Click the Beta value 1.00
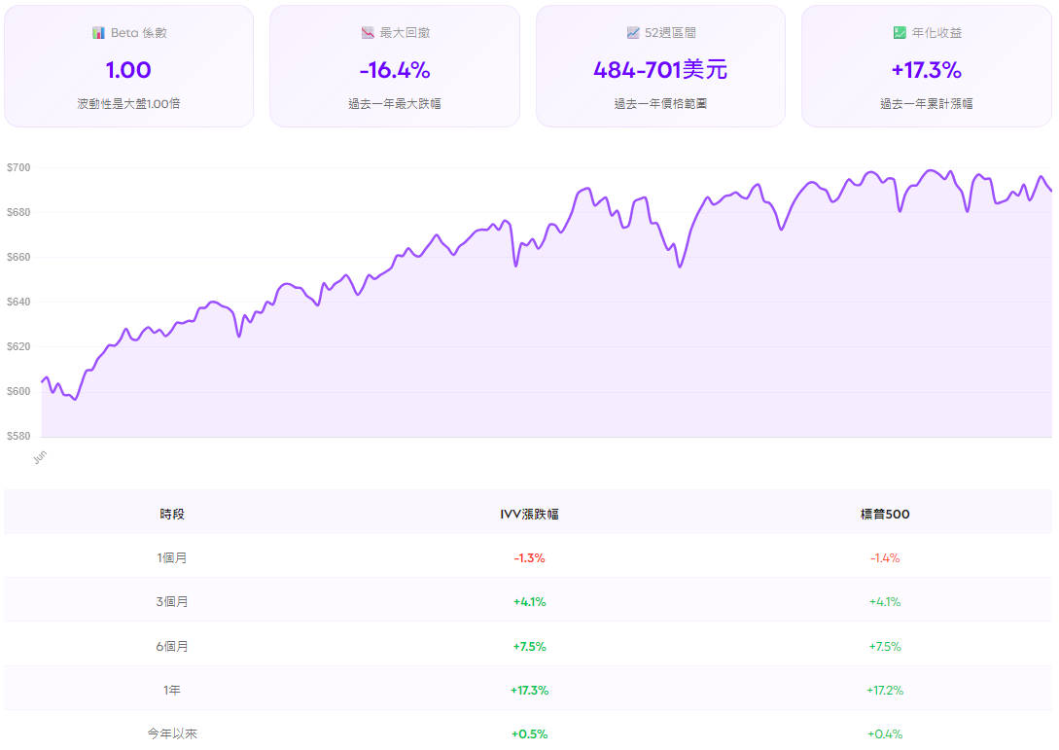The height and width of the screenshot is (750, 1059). point(128,70)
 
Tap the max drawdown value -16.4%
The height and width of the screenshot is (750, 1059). point(394,70)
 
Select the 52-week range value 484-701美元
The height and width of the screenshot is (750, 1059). point(660,70)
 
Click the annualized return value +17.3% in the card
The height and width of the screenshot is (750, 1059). point(926,70)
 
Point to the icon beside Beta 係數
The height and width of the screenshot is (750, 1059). point(98,33)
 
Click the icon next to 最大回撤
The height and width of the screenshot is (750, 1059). point(368,33)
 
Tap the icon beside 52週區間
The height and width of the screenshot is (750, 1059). point(633,33)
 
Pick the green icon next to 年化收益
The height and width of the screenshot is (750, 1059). point(900,33)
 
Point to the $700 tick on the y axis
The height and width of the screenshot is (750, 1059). point(18,168)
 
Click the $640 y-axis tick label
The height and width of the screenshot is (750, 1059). point(18,303)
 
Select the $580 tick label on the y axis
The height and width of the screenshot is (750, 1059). point(18,437)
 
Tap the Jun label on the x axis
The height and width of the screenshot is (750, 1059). point(39,456)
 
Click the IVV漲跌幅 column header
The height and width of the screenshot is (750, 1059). point(529,515)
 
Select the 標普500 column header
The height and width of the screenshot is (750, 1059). point(884,515)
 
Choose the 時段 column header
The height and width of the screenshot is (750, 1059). point(172,515)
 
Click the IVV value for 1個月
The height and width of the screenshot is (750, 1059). point(529,558)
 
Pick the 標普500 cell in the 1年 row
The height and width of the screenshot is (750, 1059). point(884,691)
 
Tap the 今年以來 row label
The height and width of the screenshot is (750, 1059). point(172,734)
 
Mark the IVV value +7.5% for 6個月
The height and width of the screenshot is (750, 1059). point(529,647)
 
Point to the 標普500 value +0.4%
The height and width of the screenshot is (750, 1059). point(884,734)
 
